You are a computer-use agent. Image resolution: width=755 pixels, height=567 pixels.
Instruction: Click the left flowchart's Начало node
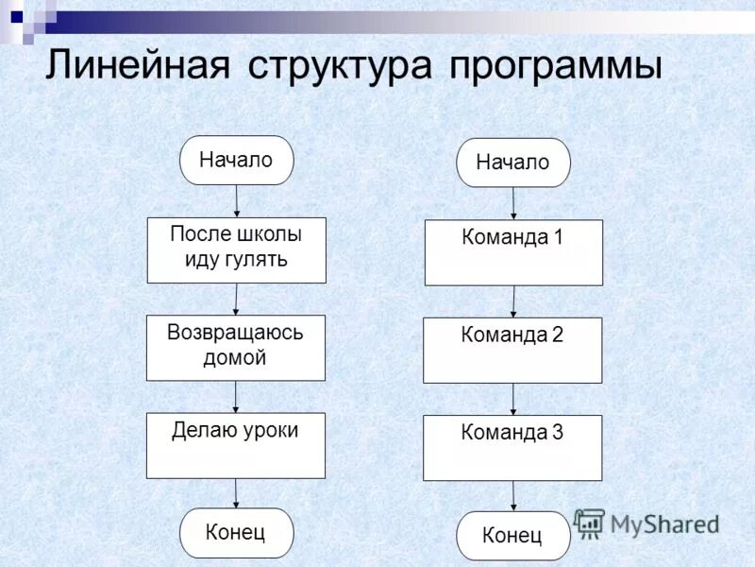[x=236, y=160]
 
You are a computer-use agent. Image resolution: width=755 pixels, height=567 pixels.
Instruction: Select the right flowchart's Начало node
[x=512, y=163]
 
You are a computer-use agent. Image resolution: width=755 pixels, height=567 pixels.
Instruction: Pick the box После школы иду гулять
[x=236, y=249]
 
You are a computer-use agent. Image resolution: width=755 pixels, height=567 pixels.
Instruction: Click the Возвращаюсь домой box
[x=235, y=347]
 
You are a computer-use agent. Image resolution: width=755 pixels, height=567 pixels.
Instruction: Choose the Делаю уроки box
[x=235, y=444]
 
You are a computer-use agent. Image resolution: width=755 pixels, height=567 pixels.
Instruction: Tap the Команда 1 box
[x=513, y=252]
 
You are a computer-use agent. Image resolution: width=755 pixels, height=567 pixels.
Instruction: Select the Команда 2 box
[x=512, y=350]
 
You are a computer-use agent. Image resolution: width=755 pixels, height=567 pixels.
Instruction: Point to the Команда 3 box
[x=512, y=447]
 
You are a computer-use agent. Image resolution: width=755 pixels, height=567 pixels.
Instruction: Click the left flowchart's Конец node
[x=236, y=532]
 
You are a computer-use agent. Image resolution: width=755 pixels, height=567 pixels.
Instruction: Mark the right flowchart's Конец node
[x=512, y=536]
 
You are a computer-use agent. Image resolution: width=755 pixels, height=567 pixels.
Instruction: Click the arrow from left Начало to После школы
[x=236, y=200]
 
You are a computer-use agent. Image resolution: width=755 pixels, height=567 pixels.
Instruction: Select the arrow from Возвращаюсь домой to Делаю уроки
[x=235, y=396]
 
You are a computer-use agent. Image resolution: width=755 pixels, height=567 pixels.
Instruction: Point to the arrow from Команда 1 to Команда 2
[x=513, y=301]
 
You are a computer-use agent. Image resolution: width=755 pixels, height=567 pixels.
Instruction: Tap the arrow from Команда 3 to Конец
[x=513, y=496]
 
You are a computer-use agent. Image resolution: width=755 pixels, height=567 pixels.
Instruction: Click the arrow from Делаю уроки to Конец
[x=236, y=493]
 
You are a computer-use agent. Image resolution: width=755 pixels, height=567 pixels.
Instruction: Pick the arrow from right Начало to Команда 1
[x=513, y=203]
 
